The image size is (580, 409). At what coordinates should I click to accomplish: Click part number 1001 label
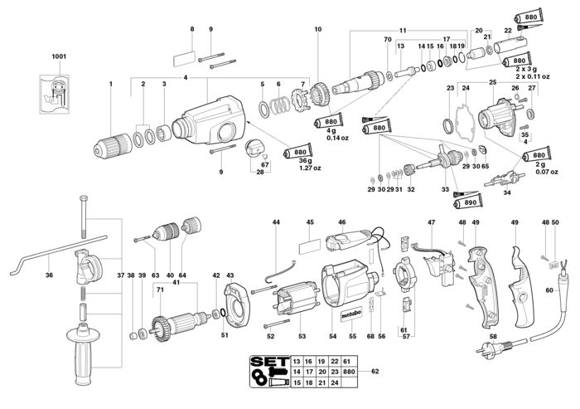tap(59, 56)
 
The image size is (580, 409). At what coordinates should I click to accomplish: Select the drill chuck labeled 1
tap(113, 147)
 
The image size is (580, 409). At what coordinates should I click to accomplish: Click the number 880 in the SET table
tap(349, 372)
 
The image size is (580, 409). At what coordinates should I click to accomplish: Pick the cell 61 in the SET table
tap(346, 361)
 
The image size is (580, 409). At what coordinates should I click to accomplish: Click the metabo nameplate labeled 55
tap(351, 316)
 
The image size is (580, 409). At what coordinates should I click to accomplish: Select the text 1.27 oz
tap(310, 168)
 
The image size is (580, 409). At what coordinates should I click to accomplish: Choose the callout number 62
tap(375, 371)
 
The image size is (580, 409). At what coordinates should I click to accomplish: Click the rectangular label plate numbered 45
tap(310, 246)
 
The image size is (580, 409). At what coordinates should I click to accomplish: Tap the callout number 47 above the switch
tap(432, 222)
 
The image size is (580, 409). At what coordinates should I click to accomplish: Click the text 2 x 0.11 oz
tap(533, 76)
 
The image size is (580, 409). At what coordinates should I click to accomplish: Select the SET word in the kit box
tap(269, 362)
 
